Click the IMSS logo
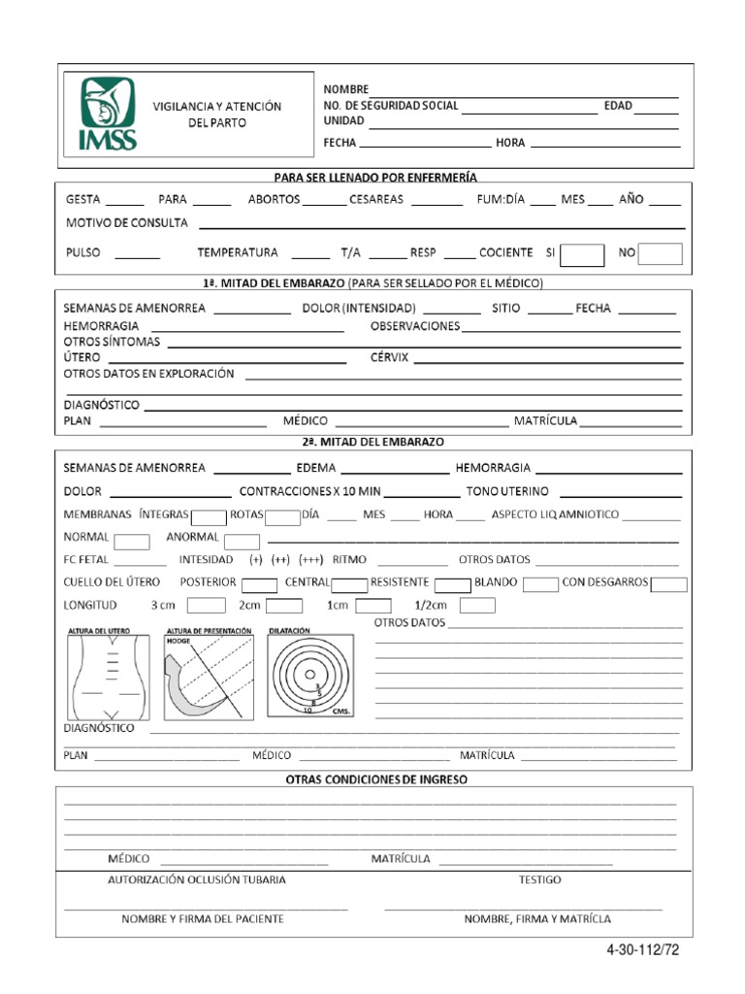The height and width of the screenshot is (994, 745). click(x=107, y=115)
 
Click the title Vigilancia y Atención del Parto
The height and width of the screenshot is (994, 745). click(x=216, y=115)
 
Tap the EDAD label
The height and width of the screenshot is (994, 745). click(x=618, y=106)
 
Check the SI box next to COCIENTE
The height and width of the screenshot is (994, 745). click(x=583, y=253)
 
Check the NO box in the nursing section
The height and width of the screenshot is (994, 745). click(x=660, y=253)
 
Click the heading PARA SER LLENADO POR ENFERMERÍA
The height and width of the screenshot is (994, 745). click(x=375, y=177)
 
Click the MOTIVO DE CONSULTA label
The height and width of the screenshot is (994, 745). click(x=126, y=223)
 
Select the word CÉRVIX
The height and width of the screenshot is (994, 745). click(x=390, y=357)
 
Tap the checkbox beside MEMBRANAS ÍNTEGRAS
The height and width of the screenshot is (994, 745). click(x=209, y=515)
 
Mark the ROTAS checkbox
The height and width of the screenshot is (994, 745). click(x=282, y=515)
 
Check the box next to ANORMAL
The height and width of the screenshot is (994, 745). click(x=242, y=541)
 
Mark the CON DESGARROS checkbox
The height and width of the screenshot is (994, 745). click(x=669, y=583)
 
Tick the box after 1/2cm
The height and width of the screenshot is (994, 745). click(x=477, y=606)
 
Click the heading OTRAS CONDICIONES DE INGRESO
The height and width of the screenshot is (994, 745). click(x=375, y=779)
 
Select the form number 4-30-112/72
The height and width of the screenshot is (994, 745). click(x=639, y=951)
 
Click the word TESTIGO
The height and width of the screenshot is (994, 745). click(x=539, y=879)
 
